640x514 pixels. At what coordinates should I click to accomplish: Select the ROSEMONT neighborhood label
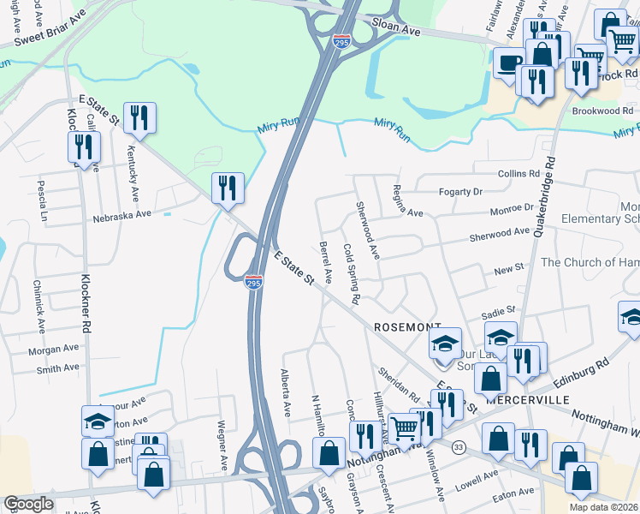click(x=407, y=327)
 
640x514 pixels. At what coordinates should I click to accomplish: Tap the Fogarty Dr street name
click(x=460, y=192)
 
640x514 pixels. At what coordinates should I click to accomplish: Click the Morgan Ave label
click(x=51, y=350)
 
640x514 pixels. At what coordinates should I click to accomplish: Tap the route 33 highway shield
click(x=459, y=447)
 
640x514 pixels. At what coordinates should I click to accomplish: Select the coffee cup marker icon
click(x=509, y=62)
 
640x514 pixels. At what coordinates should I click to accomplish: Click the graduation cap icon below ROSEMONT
click(x=445, y=343)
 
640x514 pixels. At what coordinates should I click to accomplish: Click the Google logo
click(x=28, y=505)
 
